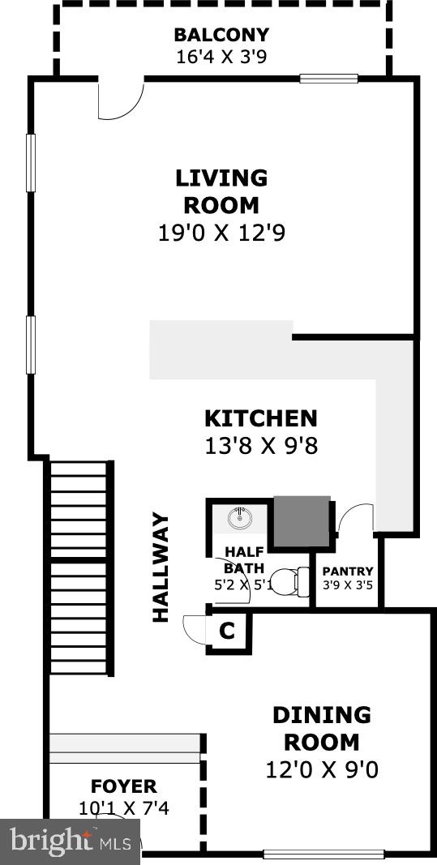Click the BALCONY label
[221, 36]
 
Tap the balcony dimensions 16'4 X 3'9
[221, 57]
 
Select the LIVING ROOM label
[221, 191]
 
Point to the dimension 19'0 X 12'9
[221, 233]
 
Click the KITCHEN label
[260, 419]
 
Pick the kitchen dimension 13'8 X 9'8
[260, 445]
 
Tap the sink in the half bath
[241, 516]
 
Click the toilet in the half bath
[289, 580]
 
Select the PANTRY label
[348, 572]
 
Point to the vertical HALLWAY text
[161, 567]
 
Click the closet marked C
[228, 630]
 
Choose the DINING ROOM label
[322, 729]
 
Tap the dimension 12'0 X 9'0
[322, 769]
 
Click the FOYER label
[123, 786]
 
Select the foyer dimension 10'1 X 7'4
[123, 807]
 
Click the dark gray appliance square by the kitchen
[302, 520]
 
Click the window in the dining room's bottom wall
[323, 854]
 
